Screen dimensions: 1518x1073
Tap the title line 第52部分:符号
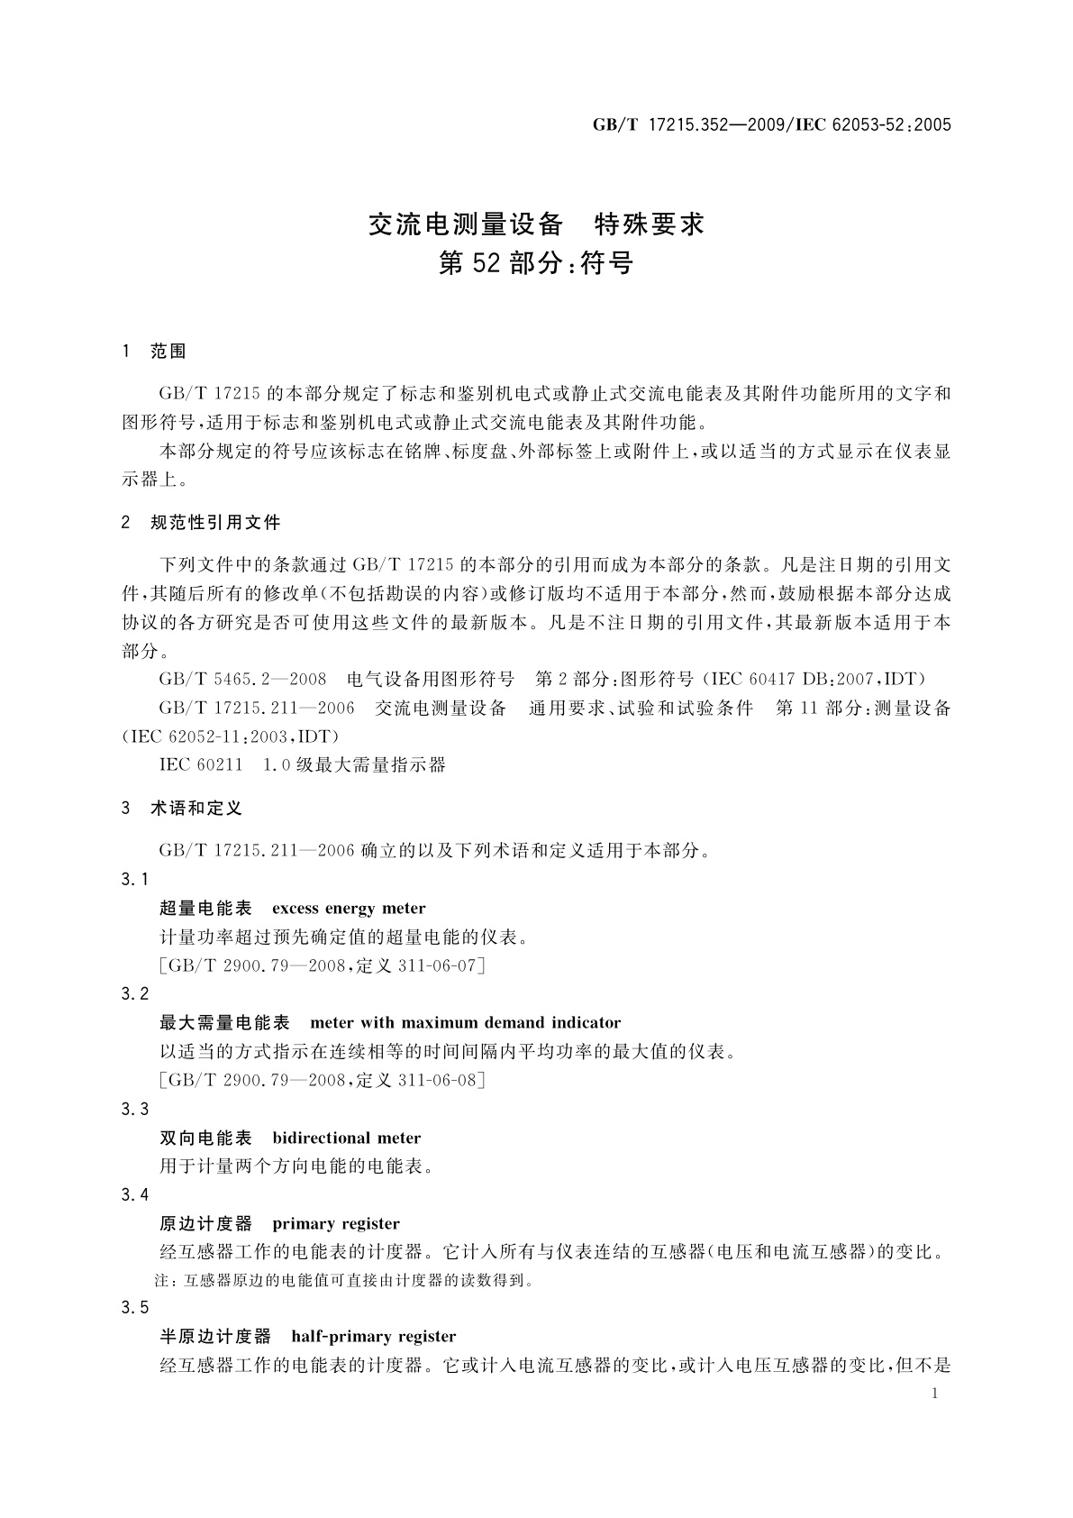[x=536, y=263]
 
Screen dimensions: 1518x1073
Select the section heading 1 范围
[x=154, y=352]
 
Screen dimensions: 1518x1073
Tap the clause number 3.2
[x=135, y=994]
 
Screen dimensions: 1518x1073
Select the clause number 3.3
[x=135, y=1109]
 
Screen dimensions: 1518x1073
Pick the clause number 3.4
[x=135, y=1194]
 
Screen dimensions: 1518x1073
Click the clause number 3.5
[x=135, y=1308]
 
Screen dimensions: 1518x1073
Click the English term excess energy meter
[x=349, y=909]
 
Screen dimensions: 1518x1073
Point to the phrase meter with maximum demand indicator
[x=465, y=1023]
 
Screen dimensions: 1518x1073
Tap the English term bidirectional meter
[x=347, y=1138]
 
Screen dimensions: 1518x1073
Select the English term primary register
[x=336, y=1223]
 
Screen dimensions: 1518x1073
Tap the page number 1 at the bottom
[x=934, y=1394]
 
